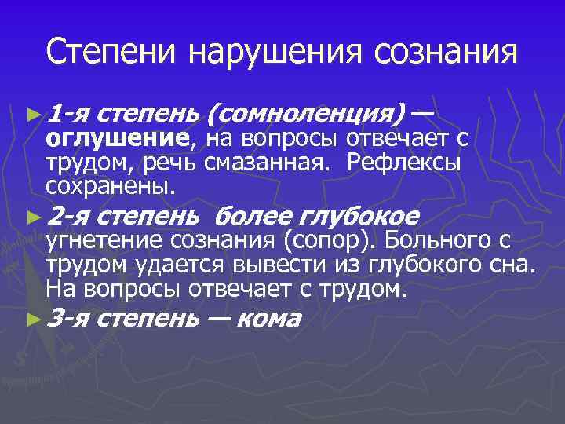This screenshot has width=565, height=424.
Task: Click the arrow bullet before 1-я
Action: point(32,115)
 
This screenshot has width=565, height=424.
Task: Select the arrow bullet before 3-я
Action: point(32,319)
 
